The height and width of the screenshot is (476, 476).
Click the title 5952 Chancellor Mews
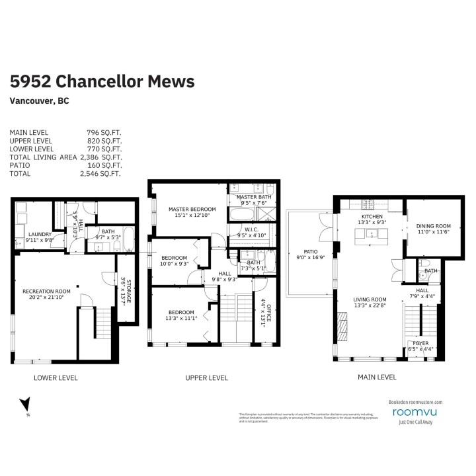point(102,81)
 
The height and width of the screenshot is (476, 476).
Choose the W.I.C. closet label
point(250,229)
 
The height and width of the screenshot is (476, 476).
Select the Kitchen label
point(372,219)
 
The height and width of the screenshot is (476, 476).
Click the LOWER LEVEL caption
point(56,378)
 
